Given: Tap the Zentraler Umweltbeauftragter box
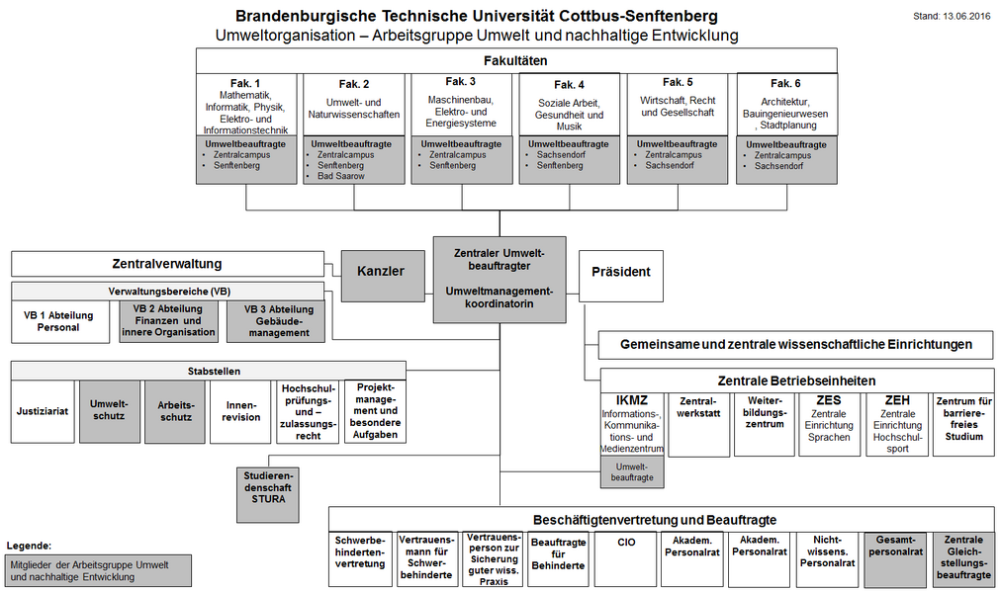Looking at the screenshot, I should click(x=500, y=280).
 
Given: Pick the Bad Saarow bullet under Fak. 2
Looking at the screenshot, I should click(x=342, y=176).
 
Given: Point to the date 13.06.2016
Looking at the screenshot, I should click(x=952, y=17).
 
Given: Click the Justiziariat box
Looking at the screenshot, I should click(x=43, y=411).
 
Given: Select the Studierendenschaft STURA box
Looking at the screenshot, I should click(x=265, y=486).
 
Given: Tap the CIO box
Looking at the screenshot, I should click(x=626, y=543).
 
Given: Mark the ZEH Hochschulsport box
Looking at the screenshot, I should click(x=897, y=423).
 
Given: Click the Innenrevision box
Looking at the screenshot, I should click(x=242, y=410).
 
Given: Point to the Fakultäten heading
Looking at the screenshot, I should click(x=516, y=60).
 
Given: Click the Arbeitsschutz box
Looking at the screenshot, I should click(x=176, y=410).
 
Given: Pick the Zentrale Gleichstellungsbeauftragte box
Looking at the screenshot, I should click(x=963, y=558).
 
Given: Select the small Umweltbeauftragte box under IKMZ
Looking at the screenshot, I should click(x=633, y=471).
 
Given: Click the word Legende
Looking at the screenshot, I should click(x=29, y=546).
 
